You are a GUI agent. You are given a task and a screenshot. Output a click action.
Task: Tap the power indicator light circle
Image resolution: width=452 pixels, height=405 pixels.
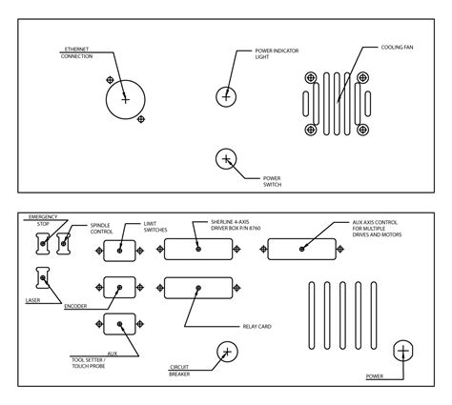point(226,95)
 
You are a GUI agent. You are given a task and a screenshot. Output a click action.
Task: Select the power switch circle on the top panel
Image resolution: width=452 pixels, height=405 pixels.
point(226,158)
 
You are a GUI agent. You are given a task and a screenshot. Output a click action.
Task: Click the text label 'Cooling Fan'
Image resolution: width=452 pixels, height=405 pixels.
point(398,47)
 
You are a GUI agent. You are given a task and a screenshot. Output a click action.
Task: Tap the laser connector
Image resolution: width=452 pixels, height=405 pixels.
point(42,278)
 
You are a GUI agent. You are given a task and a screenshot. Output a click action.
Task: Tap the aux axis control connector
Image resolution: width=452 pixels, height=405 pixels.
point(302,250)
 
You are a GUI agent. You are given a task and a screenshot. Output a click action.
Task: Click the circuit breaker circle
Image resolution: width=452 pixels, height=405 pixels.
point(226,353)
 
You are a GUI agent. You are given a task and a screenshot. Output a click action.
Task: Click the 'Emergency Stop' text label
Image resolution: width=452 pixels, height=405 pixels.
point(44,221)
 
